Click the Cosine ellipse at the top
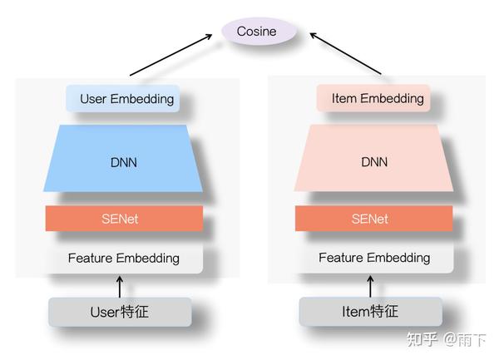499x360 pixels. click(x=259, y=32)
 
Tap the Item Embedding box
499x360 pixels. click(x=373, y=98)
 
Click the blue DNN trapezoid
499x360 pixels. click(x=123, y=159)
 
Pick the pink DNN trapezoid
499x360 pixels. click(x=373, y=159)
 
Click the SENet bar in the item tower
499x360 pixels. click(x=373, y=219)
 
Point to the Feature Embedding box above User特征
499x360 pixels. click(x=123, y=258)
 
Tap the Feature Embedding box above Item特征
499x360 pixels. click(x=373, y=258)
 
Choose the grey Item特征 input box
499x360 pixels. click(x=370, y=313)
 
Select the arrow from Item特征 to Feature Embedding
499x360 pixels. click(x=370, y=286)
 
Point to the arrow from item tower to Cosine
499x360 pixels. click(x=345, y=55)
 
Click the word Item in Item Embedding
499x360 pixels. click(x=344, y=98)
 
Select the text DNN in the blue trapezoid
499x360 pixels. click(x=123, y=162)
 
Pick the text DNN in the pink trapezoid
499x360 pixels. click(x=373, y=162)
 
